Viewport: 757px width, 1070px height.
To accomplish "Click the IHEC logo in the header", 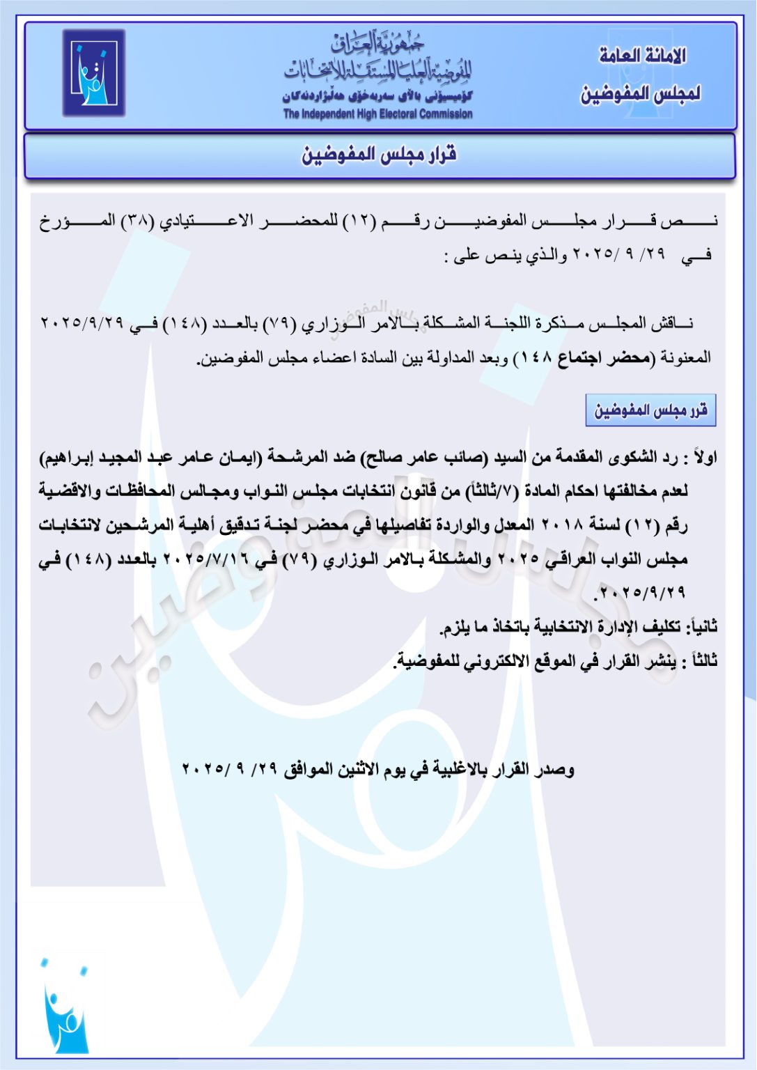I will tap(94, 72).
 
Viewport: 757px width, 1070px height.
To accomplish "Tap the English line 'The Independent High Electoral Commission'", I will tap(377, 114).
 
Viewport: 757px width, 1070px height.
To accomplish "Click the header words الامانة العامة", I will tap(642, 56).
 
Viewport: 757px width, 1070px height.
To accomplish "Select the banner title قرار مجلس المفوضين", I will tap(379, 155).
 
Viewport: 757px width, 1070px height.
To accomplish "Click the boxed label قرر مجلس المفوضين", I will tap(650, 410).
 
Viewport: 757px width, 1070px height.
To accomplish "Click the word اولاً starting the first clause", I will tap(702, 458).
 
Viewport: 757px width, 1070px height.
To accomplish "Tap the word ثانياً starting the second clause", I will tap(702, 627).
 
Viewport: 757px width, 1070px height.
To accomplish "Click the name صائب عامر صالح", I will tap(426, 458).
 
